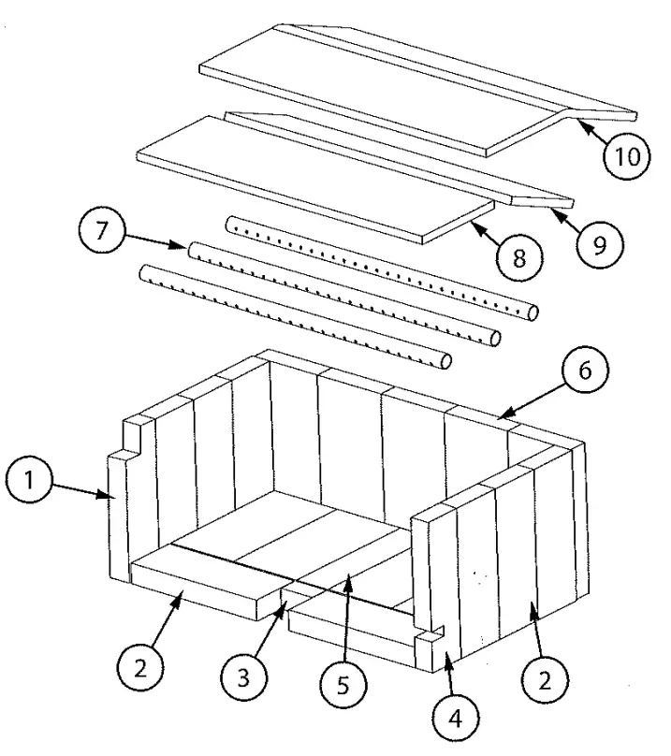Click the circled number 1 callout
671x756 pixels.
click(30, 481)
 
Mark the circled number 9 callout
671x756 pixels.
click(591, 244)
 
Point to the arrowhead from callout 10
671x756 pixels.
click(574, 120)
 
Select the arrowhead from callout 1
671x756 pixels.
click(113, 497)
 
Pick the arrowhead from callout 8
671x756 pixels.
click(471, 222)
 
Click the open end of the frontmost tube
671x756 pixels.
click(446, 360)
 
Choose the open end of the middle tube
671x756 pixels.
click(495, 337)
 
